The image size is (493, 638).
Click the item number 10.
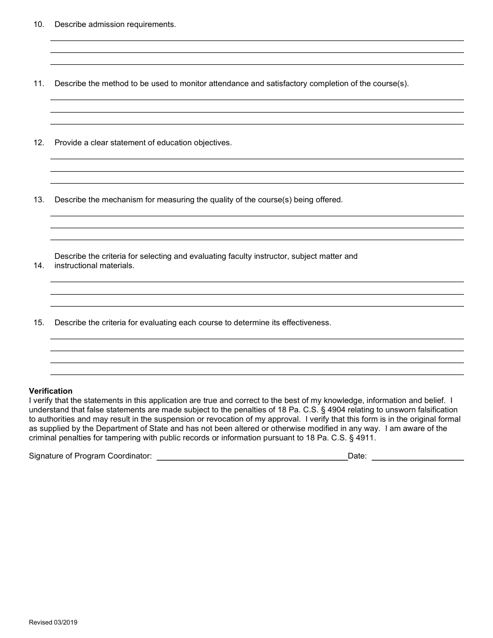tap(39, 24)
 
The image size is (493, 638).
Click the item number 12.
tap(39, 143)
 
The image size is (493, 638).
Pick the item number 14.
tap(39, 266)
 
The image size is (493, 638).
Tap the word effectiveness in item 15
tap(306, 323)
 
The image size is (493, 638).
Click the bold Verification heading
tap(51, 391)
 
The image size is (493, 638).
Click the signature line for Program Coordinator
tap(252, 456)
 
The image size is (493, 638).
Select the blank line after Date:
tap(418, 456)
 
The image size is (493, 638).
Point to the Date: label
tap(357, 456)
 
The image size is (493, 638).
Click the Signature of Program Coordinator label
tap(90, 456)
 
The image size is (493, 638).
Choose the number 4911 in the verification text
tap(365, 438)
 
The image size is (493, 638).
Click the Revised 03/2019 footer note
tap(53, 622)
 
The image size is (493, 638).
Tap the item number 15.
tap(39, 323)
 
